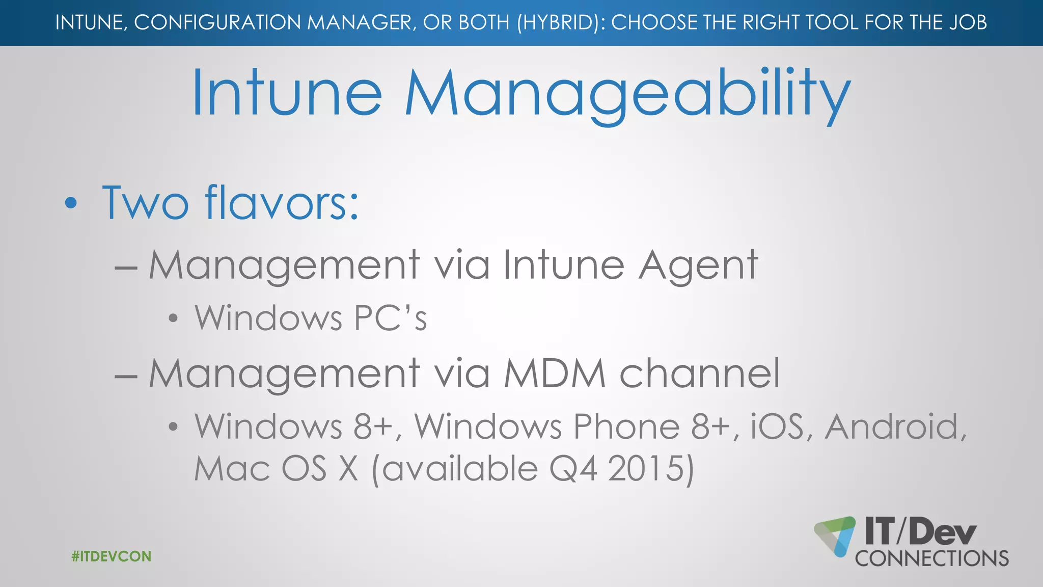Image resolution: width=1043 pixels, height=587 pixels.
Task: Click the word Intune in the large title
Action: [287, 94]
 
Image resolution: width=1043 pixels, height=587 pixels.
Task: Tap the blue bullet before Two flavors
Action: [71, 203]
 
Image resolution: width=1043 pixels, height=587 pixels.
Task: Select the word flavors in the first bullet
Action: [282, 202]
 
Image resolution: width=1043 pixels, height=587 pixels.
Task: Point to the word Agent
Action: [698, 265]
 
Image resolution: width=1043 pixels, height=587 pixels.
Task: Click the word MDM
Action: [555, 373]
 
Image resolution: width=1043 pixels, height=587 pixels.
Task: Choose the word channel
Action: [699, 373]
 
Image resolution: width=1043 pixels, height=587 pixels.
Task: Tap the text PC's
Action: [390, 318]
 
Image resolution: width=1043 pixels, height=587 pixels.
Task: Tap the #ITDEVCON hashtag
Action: [112, 556]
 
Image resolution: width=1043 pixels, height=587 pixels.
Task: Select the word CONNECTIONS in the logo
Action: [931, 558]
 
